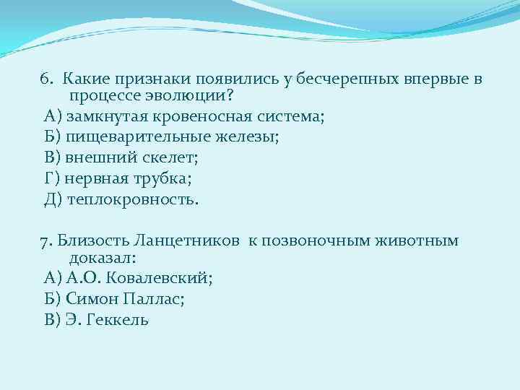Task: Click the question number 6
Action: pos(45,78)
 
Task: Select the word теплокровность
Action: pos(131,198)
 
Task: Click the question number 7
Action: pos(45,239)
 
